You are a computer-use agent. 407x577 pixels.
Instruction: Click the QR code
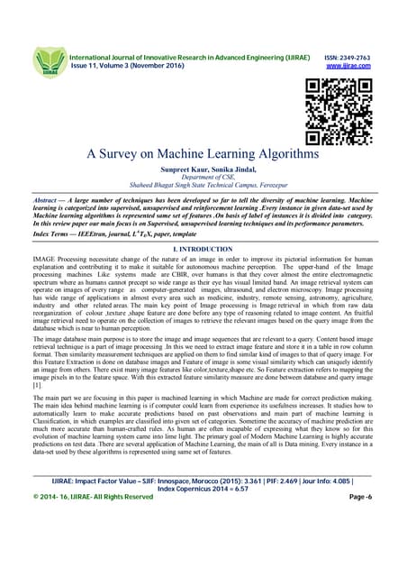point(334,112)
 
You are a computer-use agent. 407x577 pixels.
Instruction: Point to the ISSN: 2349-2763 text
point(347,57)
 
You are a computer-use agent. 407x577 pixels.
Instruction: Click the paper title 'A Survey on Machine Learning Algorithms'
point(203,154)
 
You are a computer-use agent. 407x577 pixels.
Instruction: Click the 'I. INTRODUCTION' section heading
point(203,247)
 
